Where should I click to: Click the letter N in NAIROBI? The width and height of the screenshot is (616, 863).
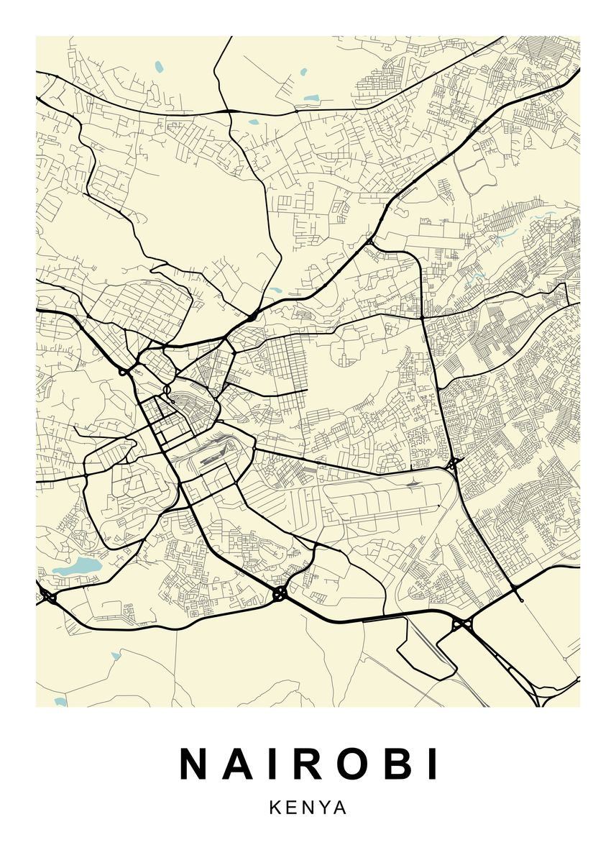click(x=195, y=764)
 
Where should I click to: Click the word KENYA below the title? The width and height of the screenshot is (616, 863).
click(x=308, y=808)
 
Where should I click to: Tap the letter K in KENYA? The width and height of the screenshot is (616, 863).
click(x=276, y=808)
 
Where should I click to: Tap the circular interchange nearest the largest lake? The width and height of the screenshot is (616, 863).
click(x=49, y=596)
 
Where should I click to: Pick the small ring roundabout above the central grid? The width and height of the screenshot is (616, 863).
click(x=167, y=391)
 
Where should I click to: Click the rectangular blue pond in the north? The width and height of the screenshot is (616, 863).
click(x=311, y=99)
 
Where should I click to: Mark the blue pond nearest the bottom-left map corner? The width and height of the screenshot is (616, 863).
click(x=60, y=701)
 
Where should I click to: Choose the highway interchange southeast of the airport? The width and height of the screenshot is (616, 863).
click(x=461, y=624)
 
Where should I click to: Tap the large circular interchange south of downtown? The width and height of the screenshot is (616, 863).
click(x=280, y=593)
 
